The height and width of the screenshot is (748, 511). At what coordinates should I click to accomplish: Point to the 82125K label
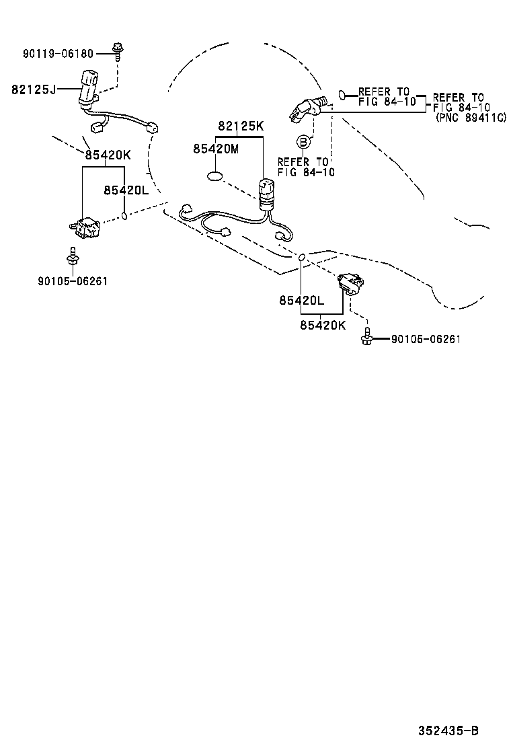240,126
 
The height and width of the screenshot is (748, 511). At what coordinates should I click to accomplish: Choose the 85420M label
216,149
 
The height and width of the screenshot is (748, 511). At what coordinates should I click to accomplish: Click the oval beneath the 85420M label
215,177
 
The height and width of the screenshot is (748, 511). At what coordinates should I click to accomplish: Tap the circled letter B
303,142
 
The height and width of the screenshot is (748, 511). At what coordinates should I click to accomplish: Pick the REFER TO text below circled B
303,162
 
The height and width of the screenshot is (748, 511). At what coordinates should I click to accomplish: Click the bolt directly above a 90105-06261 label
71,256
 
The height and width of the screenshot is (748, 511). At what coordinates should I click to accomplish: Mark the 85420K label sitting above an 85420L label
108,155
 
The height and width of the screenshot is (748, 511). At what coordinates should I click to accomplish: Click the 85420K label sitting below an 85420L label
323,325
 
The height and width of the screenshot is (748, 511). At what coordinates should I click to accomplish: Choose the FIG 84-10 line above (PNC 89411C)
461,107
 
